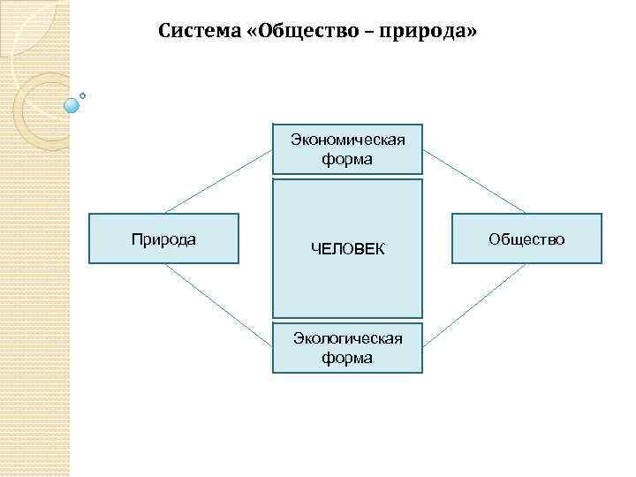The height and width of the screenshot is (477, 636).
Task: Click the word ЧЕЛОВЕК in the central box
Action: [348, 250]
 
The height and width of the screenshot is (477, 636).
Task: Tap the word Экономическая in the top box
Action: [348, 140]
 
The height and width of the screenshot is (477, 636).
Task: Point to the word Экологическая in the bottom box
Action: [348, 338]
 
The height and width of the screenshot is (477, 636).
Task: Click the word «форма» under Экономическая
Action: [348, 160]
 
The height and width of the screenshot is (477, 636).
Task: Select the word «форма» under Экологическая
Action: [348, 358]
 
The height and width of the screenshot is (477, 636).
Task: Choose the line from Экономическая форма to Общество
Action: [475, 181]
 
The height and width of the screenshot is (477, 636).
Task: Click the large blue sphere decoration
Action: [72, 104]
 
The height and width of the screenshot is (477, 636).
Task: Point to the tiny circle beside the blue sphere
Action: [83, 95]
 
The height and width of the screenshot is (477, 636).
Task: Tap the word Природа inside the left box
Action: [163, 239]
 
